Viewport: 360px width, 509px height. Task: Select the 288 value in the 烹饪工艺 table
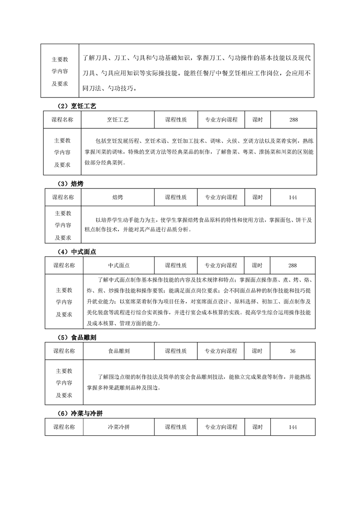pyautogui.click(x=293, y=120)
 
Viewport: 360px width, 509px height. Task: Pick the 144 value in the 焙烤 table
pyautogui.click(x=293, y=197)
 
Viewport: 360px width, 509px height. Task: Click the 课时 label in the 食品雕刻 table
pyautogui.click(x=257, y=351)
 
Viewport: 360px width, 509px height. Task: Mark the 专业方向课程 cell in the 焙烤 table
pyautogui.click(x=221, y=197)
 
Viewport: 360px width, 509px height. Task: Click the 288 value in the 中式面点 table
pyautogui.click(x=293, y=265)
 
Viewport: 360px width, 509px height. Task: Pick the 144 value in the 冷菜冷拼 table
pyautogui.click(x=293, y=427)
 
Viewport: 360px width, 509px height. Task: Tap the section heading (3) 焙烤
pyautogui.click(x=71, y=183)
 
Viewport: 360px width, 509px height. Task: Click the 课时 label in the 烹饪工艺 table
pyautogui.click(x=257, y=120)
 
